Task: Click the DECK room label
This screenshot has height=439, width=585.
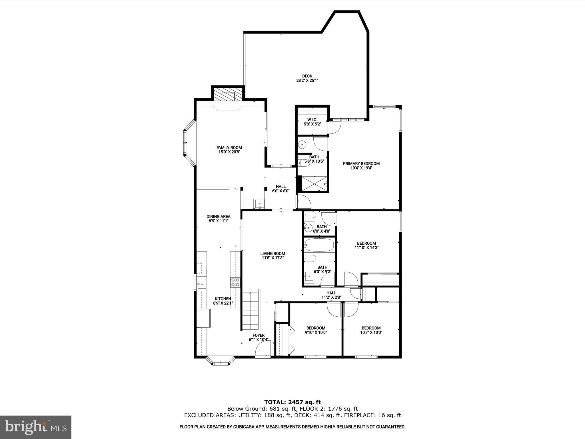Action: [x=307, y=76]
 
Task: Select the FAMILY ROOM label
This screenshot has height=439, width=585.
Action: [x=229, y=147]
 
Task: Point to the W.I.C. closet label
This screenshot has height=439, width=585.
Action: [x=312, y=119]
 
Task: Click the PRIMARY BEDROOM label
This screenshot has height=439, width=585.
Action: [x=361, y=163]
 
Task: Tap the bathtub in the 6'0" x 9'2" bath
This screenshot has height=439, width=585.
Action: [x=319, y=245]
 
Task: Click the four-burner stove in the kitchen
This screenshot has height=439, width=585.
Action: [x=235, y=282]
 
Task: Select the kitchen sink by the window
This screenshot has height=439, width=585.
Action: [x=201, y=284]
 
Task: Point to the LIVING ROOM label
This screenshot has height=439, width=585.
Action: [x=273, y=253]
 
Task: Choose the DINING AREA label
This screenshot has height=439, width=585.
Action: [x=219, y=216]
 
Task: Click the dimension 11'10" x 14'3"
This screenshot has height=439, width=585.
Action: [x=366, y=248]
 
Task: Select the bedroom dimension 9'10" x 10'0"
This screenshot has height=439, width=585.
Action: [x=316, y=332]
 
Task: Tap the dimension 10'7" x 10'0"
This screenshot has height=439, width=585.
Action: [x=371, y=332]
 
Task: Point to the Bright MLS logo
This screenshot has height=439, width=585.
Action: [x=36, y=427]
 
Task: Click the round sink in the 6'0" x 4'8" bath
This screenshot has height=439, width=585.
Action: [x=308, y=228]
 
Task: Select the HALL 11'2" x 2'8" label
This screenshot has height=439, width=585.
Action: [x=331, y=295]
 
